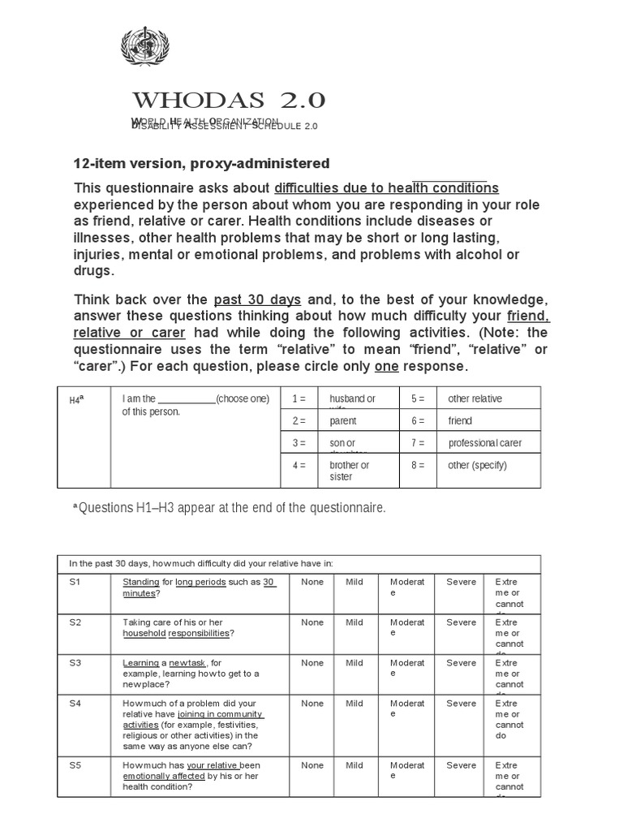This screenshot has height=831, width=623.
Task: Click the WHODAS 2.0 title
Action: (x=230, y=101)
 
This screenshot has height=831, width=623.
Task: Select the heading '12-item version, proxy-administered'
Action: (x=202, y=164)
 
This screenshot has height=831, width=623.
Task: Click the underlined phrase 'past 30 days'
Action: (x=256, y=298)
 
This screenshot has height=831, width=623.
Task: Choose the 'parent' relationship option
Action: (x=343, y=421)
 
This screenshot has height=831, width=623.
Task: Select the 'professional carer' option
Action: (x=484, y=443)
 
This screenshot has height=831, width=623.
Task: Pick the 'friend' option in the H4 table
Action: (x=460, y=421)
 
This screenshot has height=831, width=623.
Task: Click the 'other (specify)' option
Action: (x=477, y=465)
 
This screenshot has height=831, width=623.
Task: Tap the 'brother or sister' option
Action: (x=349, y=471)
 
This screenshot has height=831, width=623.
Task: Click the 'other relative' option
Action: (x=475, y=398)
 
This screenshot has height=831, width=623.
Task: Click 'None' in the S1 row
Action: (x=312, y=582)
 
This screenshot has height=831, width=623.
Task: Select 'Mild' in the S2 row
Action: (x=354, y=622)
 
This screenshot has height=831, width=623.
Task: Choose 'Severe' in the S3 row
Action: (x=461, y=663)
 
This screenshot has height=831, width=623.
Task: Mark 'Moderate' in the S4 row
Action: (x=406, y=708)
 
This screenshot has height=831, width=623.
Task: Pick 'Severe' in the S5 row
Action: (x=461, y=765)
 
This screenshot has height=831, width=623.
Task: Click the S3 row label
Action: (x=75, y=663)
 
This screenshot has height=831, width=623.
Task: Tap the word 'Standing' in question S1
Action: (x=140, y=582)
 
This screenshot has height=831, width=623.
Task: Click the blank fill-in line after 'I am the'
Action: (x=186, y=399)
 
